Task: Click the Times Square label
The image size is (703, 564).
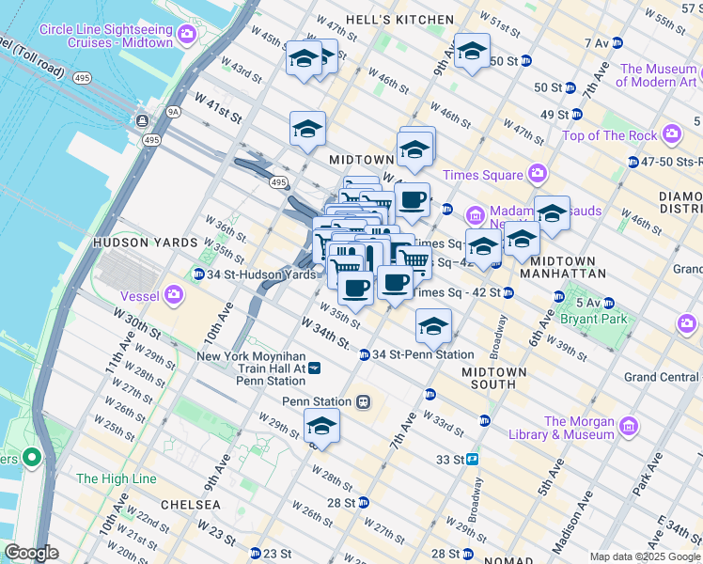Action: (483, 175)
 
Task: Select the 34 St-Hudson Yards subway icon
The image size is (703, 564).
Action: (198, 274)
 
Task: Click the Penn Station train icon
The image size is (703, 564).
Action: (362, 401)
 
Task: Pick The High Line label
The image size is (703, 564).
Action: (116, 478)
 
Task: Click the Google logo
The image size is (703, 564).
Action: (31, 553)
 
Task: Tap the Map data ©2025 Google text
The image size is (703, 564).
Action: (644, 556)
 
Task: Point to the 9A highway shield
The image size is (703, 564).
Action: (172, 111)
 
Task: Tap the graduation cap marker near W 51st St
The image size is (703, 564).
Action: (472, 52)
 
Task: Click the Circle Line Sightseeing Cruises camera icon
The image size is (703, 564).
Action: (186, 36)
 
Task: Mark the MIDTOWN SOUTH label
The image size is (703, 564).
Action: (494, 378)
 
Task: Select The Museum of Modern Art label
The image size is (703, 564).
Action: (659, 75)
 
